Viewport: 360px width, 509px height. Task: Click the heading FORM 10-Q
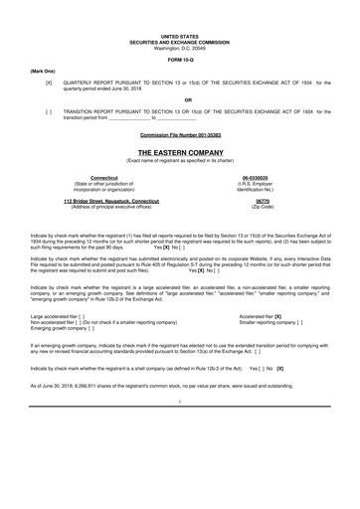[180, 60]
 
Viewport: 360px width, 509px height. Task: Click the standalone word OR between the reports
[180, 98]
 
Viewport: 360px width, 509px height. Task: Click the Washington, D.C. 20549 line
[180, 48]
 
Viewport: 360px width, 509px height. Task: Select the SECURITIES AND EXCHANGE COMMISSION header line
[180, 42]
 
